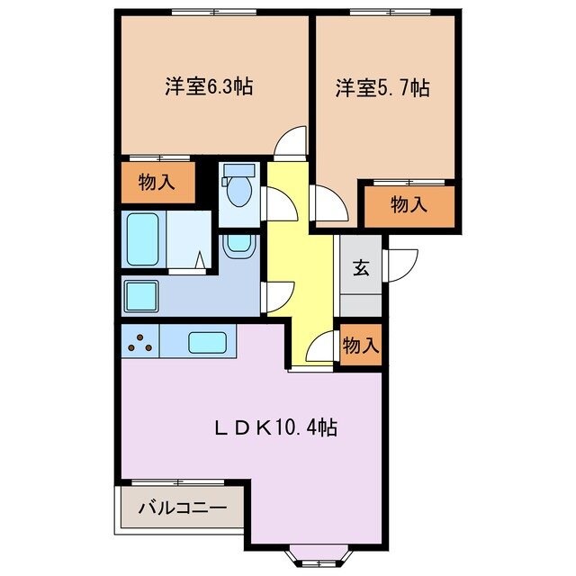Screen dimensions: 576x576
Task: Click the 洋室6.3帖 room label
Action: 208,87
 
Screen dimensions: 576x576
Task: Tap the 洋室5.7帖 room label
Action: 382,87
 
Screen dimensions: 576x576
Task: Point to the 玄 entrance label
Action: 360,267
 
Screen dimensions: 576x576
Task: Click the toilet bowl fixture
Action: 238,190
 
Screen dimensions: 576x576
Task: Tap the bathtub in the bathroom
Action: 142,239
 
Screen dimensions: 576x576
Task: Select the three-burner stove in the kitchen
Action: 139,341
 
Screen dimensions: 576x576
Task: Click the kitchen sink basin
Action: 207,342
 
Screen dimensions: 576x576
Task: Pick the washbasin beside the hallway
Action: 238,243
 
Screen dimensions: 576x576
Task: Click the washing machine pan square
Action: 140,293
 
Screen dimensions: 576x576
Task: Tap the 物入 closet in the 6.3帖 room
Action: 157,183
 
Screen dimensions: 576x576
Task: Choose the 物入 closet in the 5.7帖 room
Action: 409,205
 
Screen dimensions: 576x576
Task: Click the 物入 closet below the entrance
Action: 360,345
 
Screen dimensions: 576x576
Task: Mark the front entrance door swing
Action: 399,264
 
